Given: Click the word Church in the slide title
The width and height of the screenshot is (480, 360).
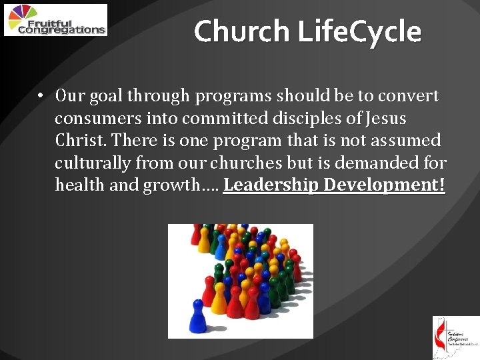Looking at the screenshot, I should [242, 31].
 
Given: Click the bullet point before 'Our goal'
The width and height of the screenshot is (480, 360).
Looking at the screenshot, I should [41, 96].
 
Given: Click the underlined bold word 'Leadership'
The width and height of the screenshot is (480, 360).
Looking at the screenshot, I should [270, 185].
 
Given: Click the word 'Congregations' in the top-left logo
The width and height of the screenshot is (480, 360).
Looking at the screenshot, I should [61, 29].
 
